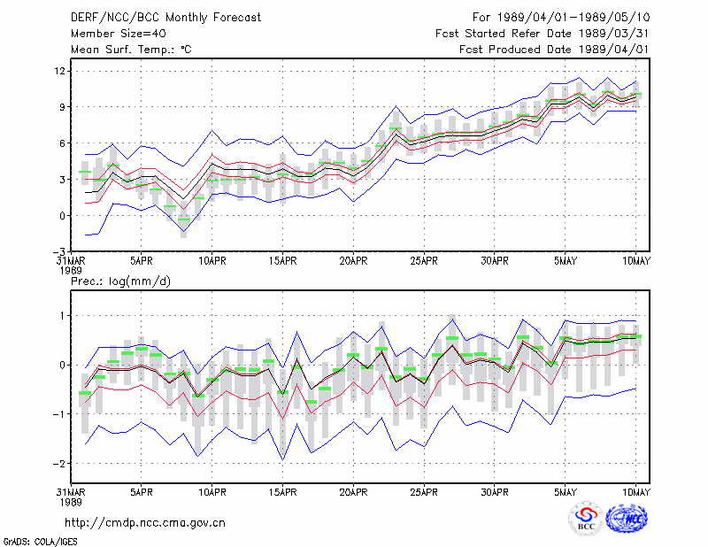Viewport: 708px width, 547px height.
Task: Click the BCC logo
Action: (586, 519)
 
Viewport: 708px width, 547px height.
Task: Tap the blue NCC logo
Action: (627, 519)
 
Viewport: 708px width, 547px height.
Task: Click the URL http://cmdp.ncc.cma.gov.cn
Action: (145, 523)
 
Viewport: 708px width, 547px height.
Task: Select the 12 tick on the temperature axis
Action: (60, 71)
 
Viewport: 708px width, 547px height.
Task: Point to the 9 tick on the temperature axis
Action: (62, 107)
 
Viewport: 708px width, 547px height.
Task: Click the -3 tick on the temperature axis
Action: (59, 251)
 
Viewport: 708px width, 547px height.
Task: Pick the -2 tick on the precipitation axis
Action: (59, 464)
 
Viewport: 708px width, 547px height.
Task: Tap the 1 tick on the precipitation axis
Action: (62, 316)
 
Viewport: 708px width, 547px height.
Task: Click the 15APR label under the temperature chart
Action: (282, 261)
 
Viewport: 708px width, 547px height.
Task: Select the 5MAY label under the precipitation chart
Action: (566, 492)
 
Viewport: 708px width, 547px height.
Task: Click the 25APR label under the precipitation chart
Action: (424, 492)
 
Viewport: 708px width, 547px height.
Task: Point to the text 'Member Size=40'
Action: (119, 34)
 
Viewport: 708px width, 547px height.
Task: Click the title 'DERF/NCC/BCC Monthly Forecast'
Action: (165, 18)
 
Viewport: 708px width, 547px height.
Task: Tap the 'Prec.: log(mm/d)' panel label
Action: (120, 281)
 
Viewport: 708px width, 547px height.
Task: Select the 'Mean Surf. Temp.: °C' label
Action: (131, 50)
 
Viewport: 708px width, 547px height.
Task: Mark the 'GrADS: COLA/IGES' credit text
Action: (40, 542)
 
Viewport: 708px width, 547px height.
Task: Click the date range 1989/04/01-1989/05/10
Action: (573, 18)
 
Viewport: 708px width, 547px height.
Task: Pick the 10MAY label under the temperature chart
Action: (636, 261)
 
